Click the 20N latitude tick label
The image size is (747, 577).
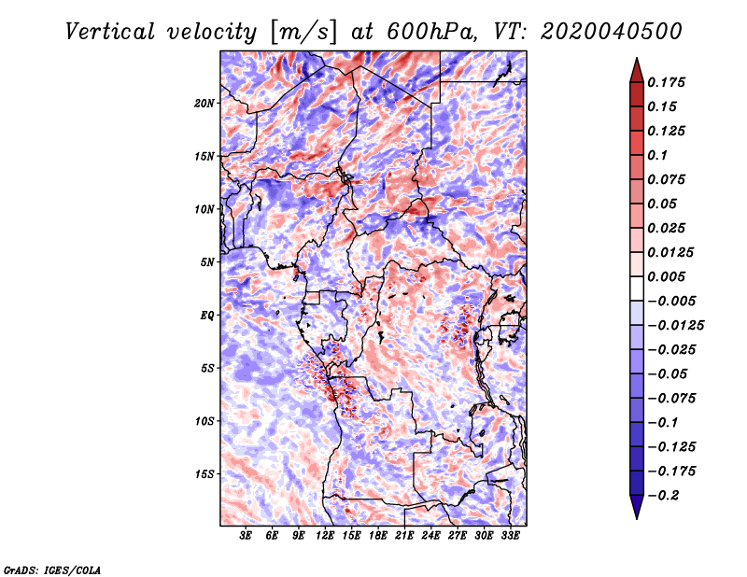(x=204, y=103)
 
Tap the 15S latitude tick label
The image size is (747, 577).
(x=204, y=473)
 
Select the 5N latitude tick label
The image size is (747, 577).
(x=206, y=261)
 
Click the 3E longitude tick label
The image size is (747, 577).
(x=247, y=536)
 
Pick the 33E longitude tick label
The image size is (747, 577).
(x=510, y=536)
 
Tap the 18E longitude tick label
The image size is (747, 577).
(x=378, y=536)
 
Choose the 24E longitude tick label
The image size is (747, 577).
(x=430, y=536)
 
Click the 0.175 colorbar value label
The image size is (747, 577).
(x=668, y=82)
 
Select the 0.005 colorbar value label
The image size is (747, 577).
(x=668, y=276)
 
